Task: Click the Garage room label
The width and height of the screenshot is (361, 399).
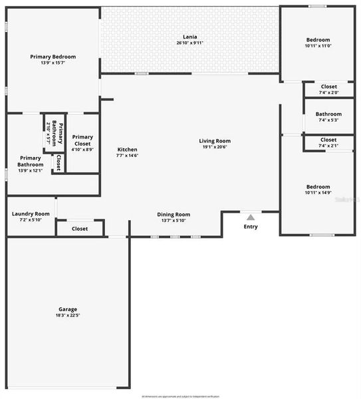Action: click(x=68, y=309)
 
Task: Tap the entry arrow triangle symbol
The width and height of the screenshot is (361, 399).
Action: click(x=251, y=217)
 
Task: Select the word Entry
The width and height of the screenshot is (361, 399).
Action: click(x=251, y=227)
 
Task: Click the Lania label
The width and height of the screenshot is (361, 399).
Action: click(x=190, y=37)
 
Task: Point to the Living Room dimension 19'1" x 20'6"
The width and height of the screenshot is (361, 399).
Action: click(x=215, y=147)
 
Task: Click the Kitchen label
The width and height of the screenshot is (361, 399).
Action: click(x=128, y=149)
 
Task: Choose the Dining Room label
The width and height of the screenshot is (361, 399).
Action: click(x=174, y=214)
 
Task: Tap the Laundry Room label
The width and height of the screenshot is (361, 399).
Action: click(x=31, y=213)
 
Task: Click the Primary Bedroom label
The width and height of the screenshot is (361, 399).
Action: click(x=53, y=57)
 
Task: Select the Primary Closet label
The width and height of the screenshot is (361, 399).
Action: click(x=82, y=140)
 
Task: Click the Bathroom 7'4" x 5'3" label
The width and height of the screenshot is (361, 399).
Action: click(x=328, y=114)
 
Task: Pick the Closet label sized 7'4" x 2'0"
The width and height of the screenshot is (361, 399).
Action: click(x=328, y=86)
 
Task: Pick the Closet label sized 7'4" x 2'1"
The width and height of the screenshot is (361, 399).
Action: click(x=328, y=140)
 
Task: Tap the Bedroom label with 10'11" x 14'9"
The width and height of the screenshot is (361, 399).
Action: click(x=318, y=187)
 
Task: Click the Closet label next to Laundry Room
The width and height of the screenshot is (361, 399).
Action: click(x=80, y=229)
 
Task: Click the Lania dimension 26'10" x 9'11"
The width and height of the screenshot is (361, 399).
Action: click(x=190, y=43)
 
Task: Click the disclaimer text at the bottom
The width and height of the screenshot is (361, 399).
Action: click(x=180, y=396)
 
